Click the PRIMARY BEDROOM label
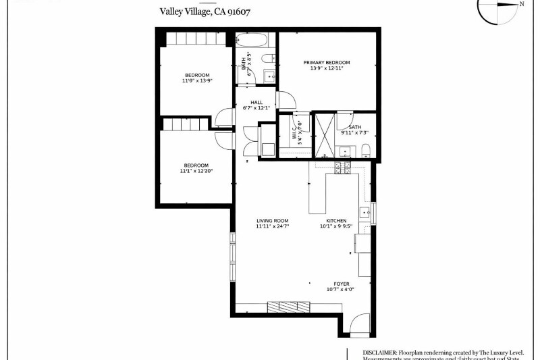click(331, 63)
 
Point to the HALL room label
click(256, 102)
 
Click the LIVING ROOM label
click(272, 221)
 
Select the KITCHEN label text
click(336, 221)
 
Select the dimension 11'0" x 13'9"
click(197, 80)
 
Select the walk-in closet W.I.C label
click(295, 127)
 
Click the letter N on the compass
click(522, 4)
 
